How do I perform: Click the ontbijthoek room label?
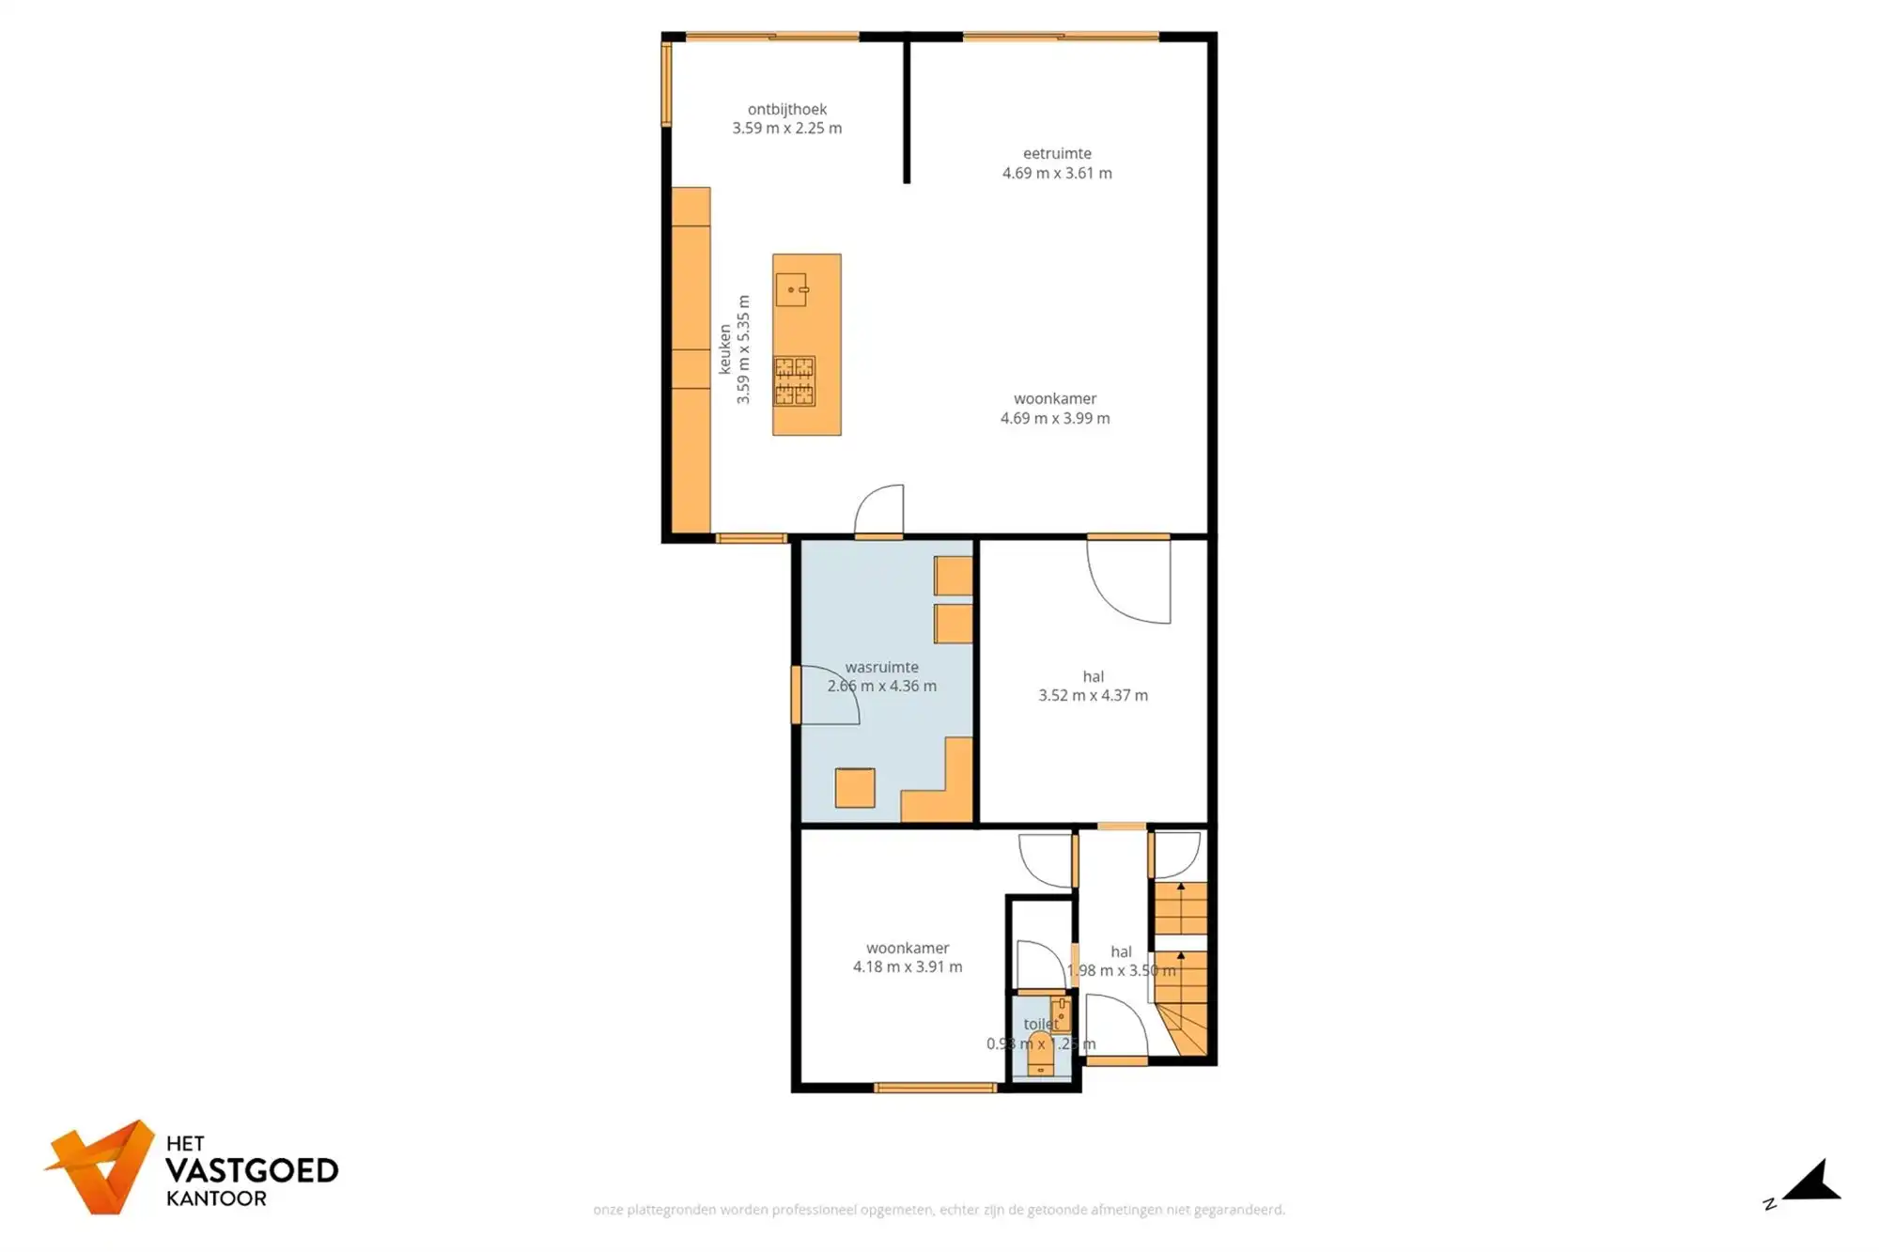(x=786, y=109)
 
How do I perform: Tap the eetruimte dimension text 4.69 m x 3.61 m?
(x=1056, y=173)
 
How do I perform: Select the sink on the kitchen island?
(x=791, y=289)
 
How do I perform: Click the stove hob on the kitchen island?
(x=794, y=380)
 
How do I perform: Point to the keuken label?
(x=724, y=349)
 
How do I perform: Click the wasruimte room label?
(x=881, y=667)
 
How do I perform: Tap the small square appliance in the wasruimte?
(x=854, y=788)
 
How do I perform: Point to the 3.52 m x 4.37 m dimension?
(x=1093, y=695)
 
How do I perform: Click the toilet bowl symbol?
(x=1040, y=1052)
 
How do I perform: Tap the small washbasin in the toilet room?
(x=1061, y=1015)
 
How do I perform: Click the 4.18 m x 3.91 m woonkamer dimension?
(x=907, y=966)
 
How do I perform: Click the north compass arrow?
(x=1812, y=1182)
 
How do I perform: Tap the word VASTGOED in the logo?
(x=251, y=1170)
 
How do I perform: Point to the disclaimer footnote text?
(x=939, y=1210)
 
